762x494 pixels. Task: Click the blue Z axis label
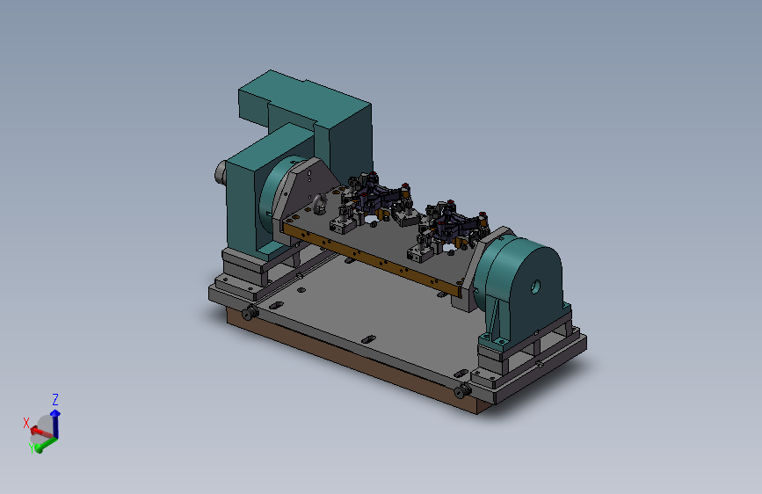tap(55, 400)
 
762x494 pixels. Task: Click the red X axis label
tap(26, 423)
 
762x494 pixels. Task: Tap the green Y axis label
tap(32, 448)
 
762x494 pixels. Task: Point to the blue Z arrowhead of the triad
tap(55, 413)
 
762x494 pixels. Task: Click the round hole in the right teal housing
tap(535, 287)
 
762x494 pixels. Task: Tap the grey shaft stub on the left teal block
tap(220, 172)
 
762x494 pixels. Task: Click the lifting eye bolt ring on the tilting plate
tap(320, 204)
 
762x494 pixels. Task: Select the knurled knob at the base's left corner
tap(250, 313)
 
